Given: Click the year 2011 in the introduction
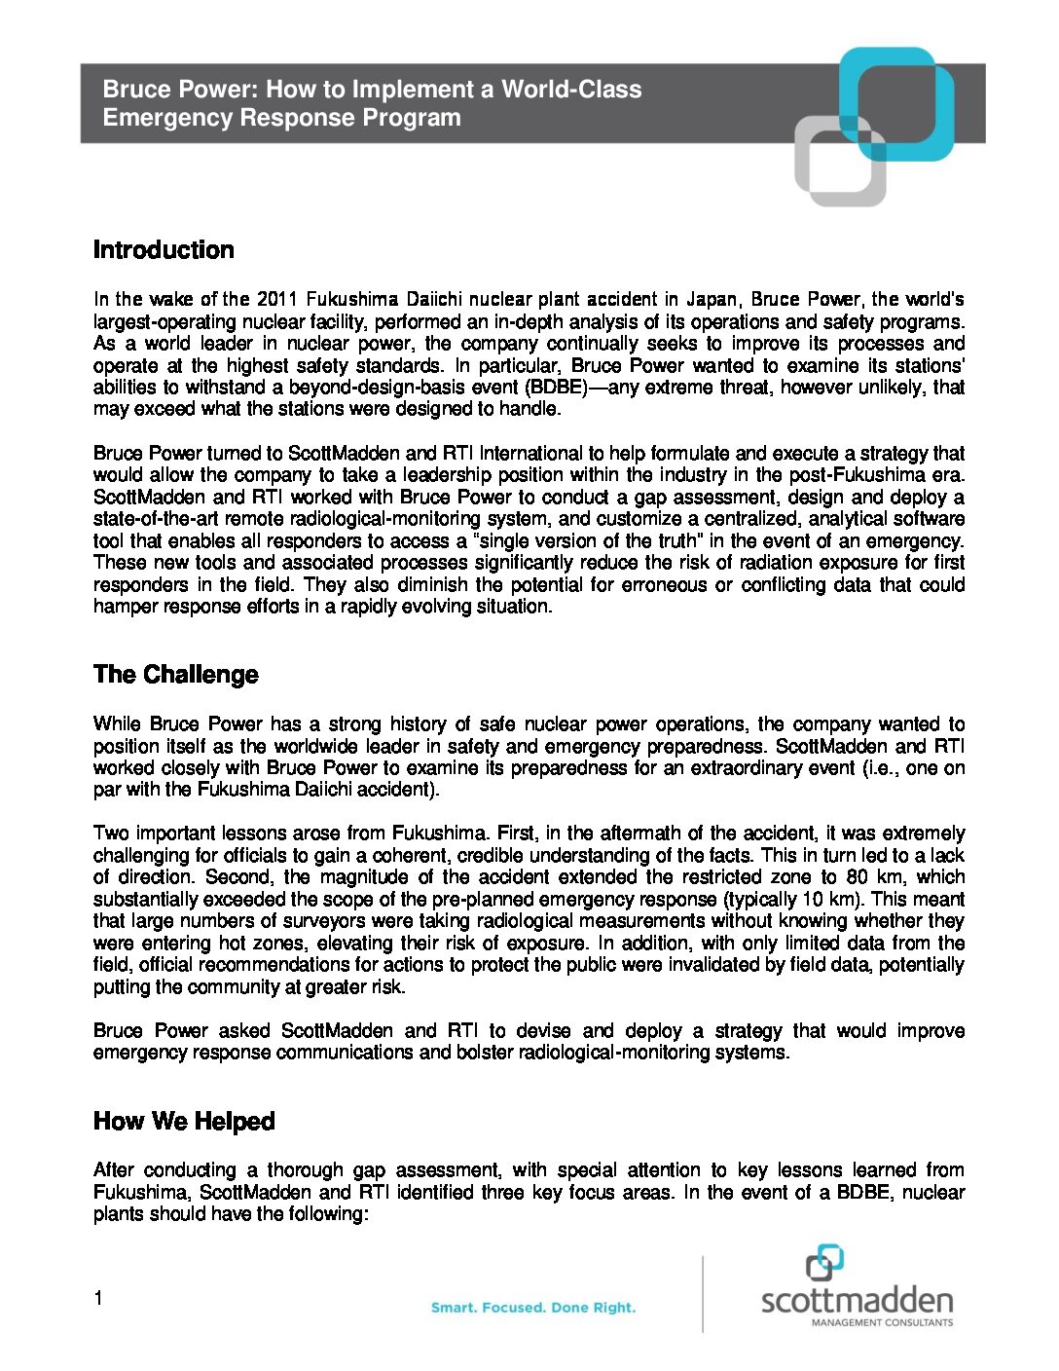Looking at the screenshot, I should click(277, 299).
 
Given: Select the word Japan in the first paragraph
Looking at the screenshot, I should click(711, 299).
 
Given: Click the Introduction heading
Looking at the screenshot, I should click(164, 250).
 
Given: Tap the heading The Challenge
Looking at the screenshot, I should click(175, 675).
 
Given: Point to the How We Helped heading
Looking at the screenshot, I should click(184, 1122).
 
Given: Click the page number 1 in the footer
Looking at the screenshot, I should click(98, 1298).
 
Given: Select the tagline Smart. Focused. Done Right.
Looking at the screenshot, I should click(533, 1308).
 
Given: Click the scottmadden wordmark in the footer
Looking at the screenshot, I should click(857, 1301).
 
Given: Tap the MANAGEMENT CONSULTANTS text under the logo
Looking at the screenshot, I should click(882, 1322).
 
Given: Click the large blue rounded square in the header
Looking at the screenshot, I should click(896, 102).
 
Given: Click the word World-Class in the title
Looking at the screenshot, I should click(571, 90).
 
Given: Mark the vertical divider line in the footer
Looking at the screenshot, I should click(703, 1293).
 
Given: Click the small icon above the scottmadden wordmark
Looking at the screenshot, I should click(824, 1263).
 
